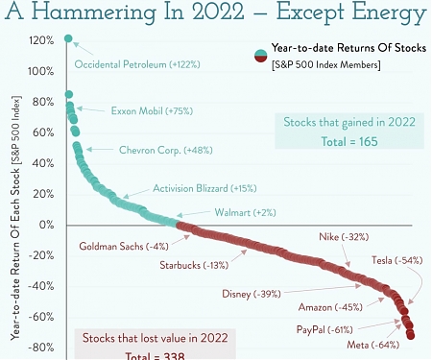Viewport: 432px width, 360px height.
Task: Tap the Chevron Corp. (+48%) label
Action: (x=158, y=150)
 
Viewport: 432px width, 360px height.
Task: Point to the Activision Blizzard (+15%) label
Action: (x=204, y=189)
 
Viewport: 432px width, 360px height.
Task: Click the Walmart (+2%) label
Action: (x=245, y=212)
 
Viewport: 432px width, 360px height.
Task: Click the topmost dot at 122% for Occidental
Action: (x=68, y=39)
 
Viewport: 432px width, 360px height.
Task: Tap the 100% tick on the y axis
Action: (x=40, y=71)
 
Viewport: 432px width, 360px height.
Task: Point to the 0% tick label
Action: (x=44, y=225)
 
